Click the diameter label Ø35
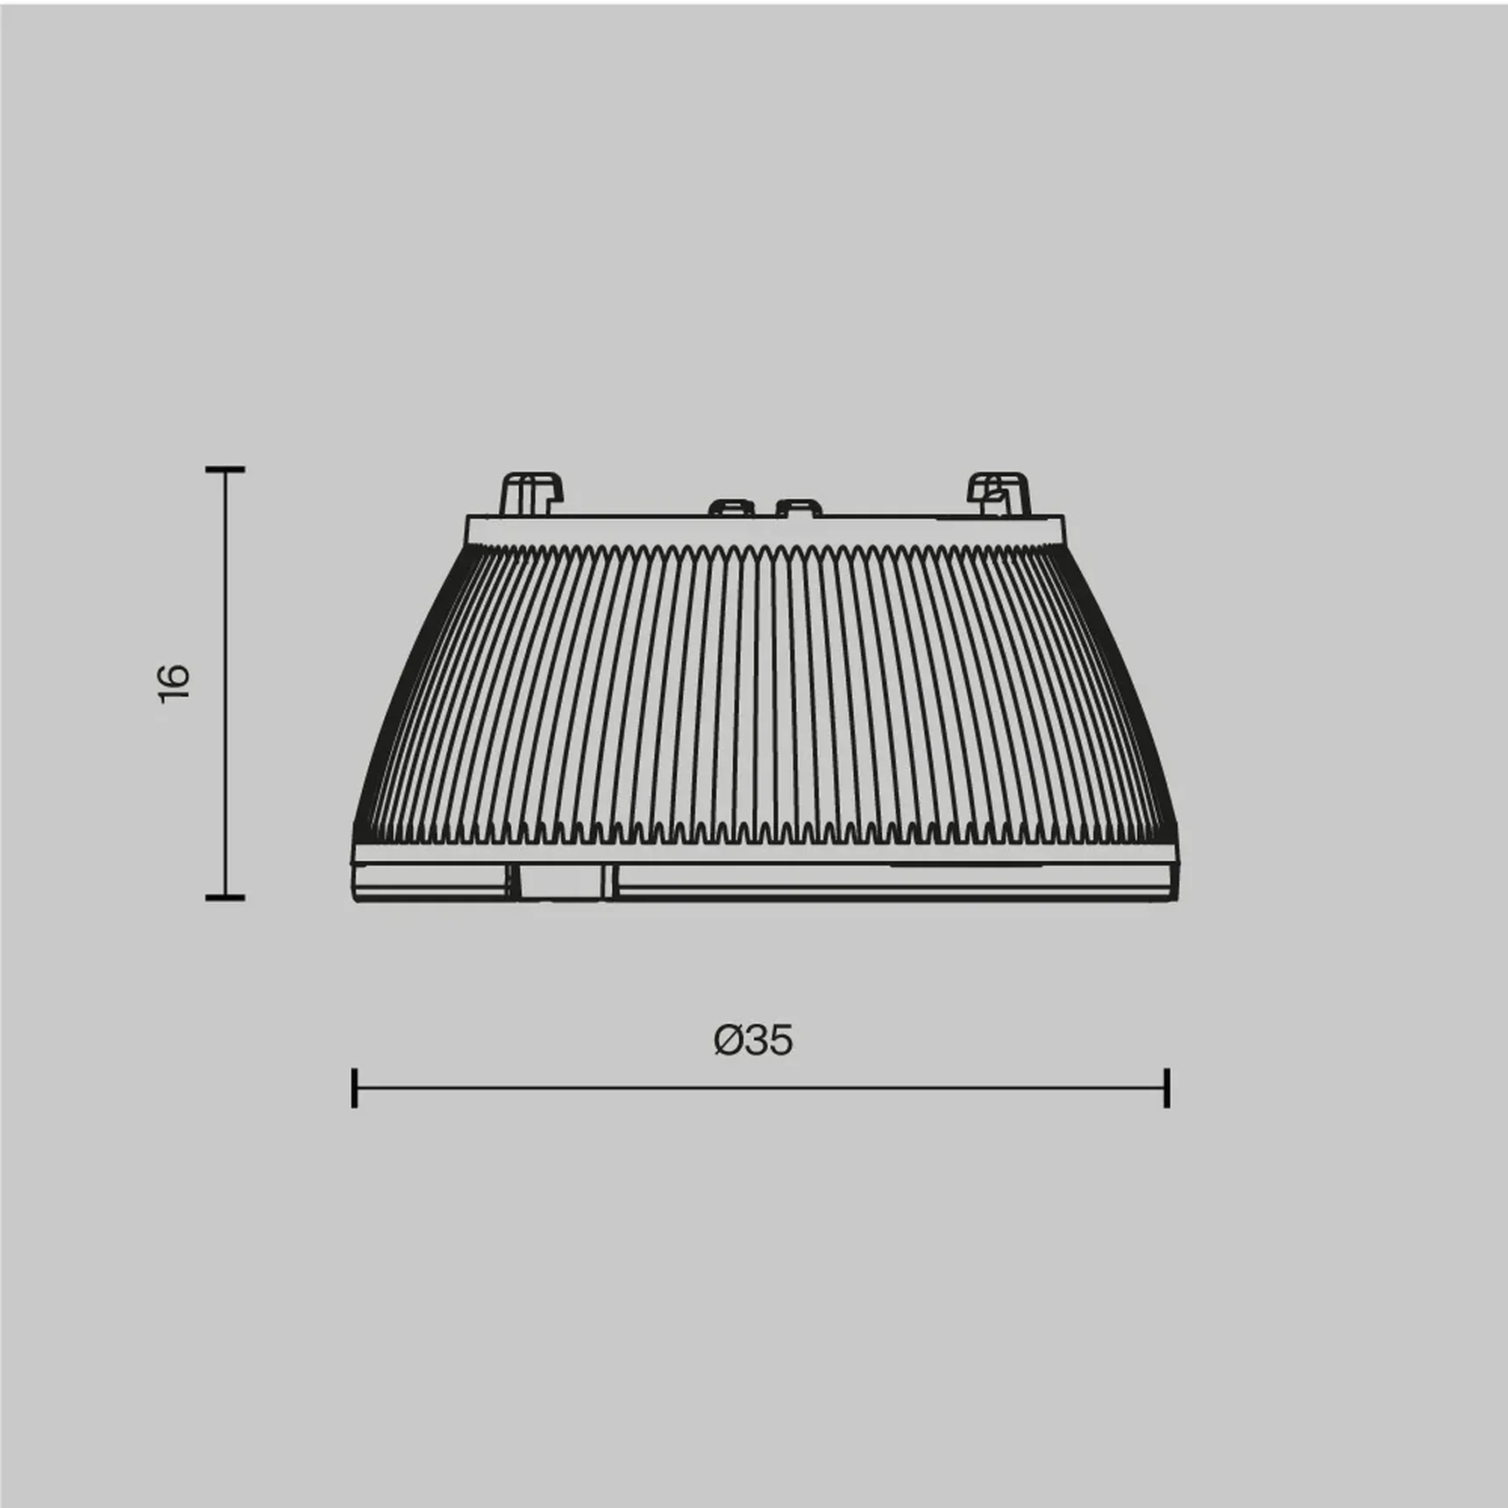click(753, 1040)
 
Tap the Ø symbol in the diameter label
click(729, 1040)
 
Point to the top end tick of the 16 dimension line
click(225, 470)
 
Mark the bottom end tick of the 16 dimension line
click(225, 897)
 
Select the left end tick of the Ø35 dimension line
click(354, 1088)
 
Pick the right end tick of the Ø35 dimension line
click(1167, 1088)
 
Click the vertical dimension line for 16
click(225, 684)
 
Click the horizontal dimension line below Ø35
click(760, 1088)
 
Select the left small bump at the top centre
click(732, 508)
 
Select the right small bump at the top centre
click(799, 508)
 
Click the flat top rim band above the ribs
click(765, 530)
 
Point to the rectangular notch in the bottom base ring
click(562, 881)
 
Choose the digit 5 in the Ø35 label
click(779, 1040)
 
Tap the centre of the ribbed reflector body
click(765, 693)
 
